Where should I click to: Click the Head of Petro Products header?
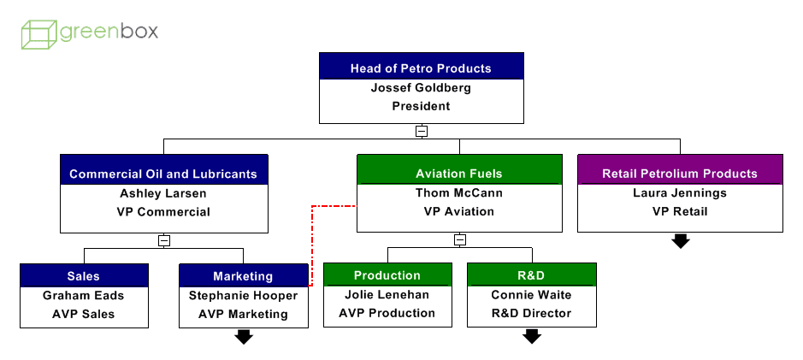point(421,68)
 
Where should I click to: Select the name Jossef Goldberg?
point(421,87)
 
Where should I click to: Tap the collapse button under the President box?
point(421,131)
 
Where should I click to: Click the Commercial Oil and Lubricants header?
point(163,174)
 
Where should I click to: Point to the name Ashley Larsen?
point(163,193)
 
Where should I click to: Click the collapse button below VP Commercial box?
point(163,240)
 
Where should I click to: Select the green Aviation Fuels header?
point(459,174)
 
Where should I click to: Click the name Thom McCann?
point(459,192)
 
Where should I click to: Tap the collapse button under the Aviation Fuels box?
point(459,240)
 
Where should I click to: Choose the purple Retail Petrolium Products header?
point(680,174)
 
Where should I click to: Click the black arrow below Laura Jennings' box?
point(680,241)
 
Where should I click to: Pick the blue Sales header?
point(84,276)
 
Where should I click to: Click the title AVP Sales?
point(84,314)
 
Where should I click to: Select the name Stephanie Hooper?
point(244,296)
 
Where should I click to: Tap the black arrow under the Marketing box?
point(244,337)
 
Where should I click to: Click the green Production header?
point(387,275)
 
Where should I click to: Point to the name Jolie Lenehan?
point(387,295)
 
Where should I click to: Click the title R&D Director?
point(531,313)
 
